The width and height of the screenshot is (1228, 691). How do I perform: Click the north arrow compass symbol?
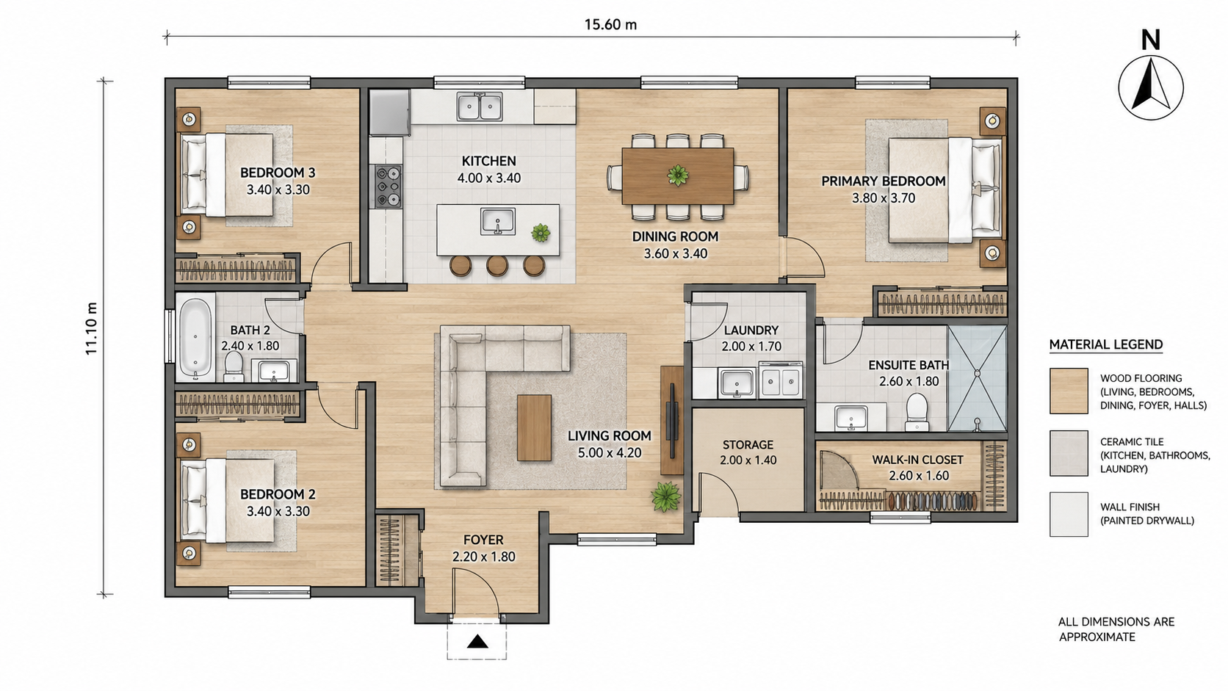(x=1151, y=87)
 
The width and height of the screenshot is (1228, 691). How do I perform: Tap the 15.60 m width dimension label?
(x=610, y=25)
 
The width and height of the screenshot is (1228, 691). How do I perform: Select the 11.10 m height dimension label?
(x=91, y=328)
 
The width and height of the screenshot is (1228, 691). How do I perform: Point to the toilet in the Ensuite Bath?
(x=916, y=411)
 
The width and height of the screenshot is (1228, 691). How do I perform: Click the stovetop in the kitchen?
(x=388, y=187)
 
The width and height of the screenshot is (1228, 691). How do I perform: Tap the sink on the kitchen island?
(x=498, y=221)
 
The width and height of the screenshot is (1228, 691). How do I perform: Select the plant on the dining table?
(x=678, y=176)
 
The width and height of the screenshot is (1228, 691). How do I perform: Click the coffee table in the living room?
(x=535, y=427)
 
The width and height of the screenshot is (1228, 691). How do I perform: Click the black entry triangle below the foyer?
(x=477, y=641)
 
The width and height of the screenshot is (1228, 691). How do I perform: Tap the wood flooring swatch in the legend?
(x=1069, y=391)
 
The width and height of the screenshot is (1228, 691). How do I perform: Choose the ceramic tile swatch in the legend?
(x=1069, y=452)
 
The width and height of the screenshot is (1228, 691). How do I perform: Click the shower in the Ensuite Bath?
(x=977, y=378)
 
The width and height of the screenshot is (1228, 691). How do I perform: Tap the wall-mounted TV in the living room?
(x=671, y=420)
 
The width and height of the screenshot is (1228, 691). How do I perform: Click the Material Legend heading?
(x=1106, y=344)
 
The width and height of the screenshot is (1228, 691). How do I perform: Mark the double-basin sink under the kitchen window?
(x=480, y=107)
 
